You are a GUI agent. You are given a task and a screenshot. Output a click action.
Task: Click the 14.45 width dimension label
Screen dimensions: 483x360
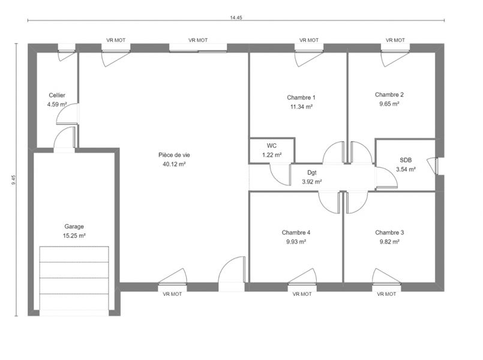click(x=236, y=17)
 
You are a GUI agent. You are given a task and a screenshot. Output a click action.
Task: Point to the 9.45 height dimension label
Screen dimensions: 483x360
click(x=13, y=180)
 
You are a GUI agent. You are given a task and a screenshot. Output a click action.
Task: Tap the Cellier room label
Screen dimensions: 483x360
click(x=57, y=95)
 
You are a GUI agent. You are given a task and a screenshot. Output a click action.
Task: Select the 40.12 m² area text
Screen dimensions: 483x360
click(x=174, y=164)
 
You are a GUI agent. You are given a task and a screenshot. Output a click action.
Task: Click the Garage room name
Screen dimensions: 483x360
click(x=74, y=227)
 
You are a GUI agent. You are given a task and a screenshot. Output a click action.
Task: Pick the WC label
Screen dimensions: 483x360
click(x=272, y=146)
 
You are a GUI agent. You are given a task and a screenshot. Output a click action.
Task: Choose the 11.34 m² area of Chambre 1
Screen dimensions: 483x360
click(x=301, y=107)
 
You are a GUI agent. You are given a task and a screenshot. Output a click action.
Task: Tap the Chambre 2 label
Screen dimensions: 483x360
click(x=389, y=95)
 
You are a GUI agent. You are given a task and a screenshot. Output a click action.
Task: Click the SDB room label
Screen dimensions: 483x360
click(x=406, y=160)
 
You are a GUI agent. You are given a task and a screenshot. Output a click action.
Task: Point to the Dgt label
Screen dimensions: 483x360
click(x=312, y=173)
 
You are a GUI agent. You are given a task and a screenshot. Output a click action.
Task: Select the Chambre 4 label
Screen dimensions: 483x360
click(x=296, y=233)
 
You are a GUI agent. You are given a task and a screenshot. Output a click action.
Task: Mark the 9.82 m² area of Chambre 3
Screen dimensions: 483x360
click(x=389, y=242)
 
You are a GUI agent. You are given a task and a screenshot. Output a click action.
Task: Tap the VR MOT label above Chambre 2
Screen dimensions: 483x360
click(x=395, y=40)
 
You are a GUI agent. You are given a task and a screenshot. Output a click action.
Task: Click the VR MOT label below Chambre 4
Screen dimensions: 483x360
click(x=302, y=294)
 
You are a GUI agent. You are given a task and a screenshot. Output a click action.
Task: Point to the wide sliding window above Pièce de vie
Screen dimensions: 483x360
click(x=198, y=48)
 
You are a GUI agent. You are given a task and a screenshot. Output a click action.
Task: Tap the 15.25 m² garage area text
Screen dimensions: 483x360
click(x=74, y=236)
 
